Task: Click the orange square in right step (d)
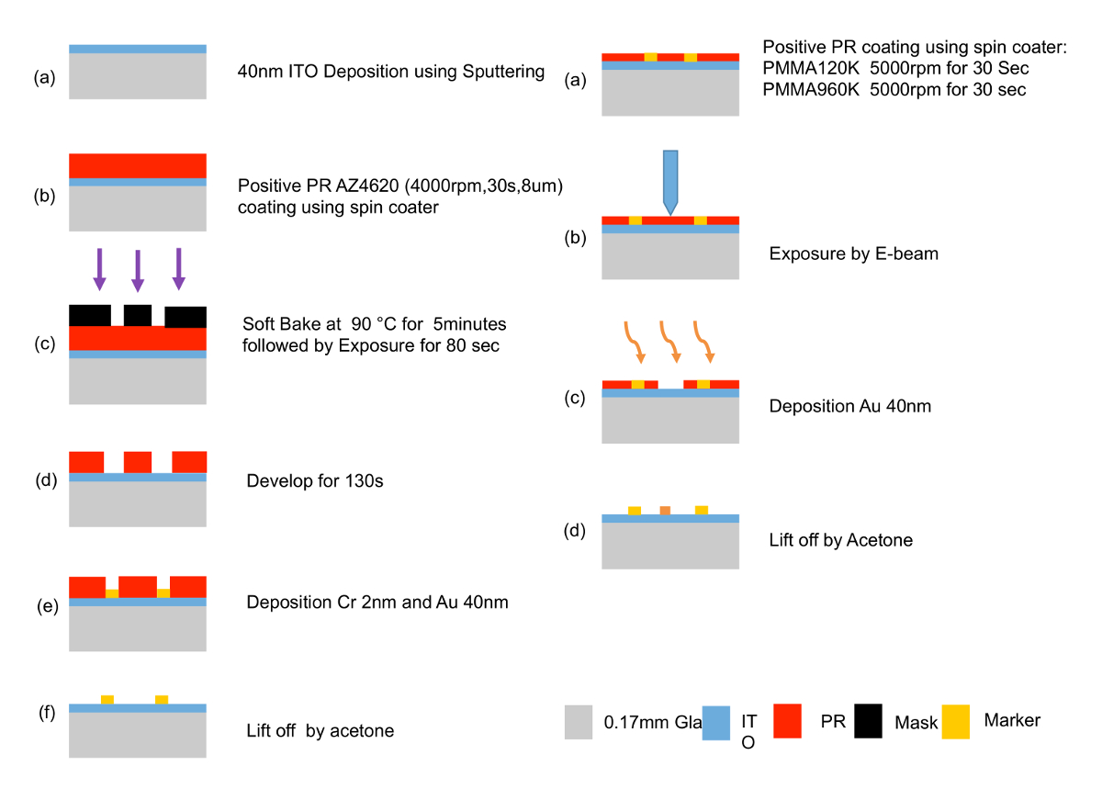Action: click(x=665, y=510)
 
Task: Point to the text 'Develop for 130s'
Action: click(x=314, y=480)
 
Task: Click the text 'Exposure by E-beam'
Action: click(x=854, y=253)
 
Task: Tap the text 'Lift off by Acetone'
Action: click(x=840, y=540)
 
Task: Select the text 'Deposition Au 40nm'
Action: click(x=850, y=405)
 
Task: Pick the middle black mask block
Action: click(x=138, y=315)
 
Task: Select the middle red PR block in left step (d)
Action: click(x=138, y=461)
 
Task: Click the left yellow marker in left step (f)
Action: click(x=107, y=700)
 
